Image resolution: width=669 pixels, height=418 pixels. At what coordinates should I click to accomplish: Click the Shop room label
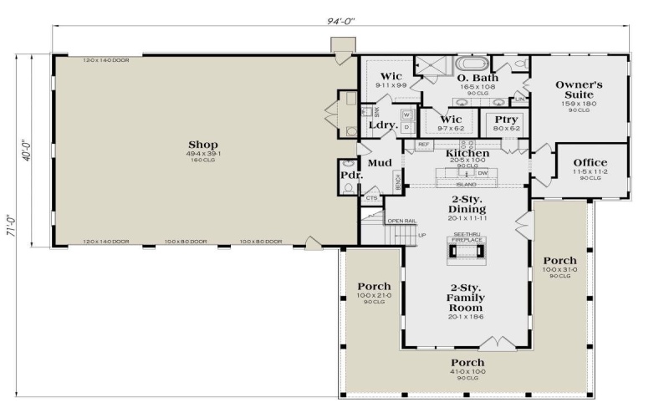(203, 144)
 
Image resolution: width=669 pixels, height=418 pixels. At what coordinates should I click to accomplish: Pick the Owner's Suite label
(580, 89)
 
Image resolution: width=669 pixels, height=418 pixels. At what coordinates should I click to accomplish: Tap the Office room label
(590, 162)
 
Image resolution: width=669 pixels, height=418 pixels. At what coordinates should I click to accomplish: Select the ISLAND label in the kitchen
(467, 185)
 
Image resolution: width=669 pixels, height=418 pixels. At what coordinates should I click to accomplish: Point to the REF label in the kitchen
(423, 145)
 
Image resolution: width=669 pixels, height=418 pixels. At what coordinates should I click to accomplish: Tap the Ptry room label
(506, 120)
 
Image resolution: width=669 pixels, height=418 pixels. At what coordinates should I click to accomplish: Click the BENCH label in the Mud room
(398, 181)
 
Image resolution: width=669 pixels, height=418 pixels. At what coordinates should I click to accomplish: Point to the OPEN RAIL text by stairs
(401, 221)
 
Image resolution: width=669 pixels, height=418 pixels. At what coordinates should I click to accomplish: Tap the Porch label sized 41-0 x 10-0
(467, 363)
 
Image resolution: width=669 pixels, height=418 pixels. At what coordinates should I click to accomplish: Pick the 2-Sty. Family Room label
(466, 297)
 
